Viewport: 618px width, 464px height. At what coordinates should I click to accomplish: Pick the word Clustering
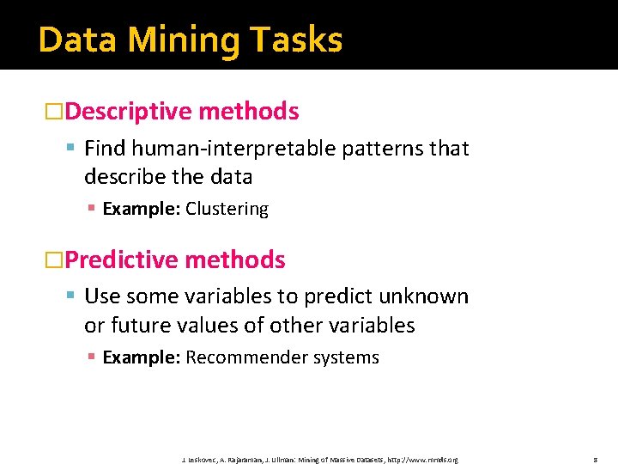pos(227,209)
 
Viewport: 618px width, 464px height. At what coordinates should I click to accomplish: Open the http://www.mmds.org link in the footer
pos(423,460)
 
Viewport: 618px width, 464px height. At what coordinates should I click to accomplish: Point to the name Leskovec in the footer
pos(203,460)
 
